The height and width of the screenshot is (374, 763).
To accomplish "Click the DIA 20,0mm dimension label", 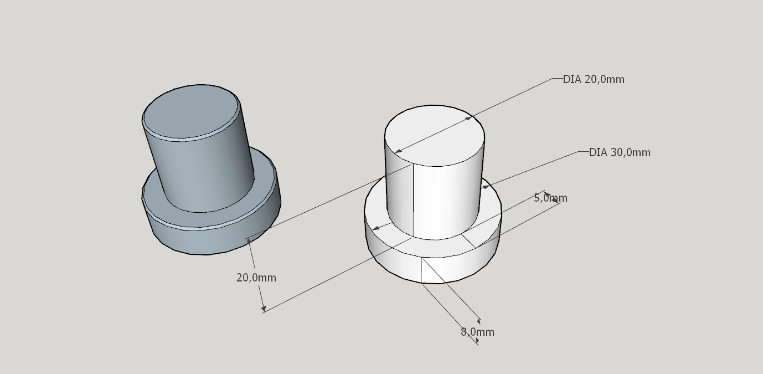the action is click(594, 79).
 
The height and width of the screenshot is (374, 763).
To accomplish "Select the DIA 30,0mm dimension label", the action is click(620, 152).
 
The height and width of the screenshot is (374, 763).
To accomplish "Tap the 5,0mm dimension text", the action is click(550, 198).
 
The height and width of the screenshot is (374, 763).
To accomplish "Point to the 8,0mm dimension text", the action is click(477, 332).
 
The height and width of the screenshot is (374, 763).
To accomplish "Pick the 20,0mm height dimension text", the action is click(256, 278).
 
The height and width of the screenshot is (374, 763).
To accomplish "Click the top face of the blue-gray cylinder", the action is click(190, 112).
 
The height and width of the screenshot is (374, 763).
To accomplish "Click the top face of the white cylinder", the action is click(435, 136).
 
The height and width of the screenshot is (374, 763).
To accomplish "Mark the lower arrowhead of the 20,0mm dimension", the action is click(264, 308).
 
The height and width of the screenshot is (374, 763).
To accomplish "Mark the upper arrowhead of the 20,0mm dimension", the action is click(249, 242).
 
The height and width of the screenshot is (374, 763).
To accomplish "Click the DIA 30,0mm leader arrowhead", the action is click(486, 187).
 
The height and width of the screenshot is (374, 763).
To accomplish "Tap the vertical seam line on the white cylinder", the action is click(414, 200).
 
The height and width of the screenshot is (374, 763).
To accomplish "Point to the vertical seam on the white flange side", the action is click(421, 270).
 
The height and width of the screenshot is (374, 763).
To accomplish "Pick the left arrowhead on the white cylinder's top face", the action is click(399, 151).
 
